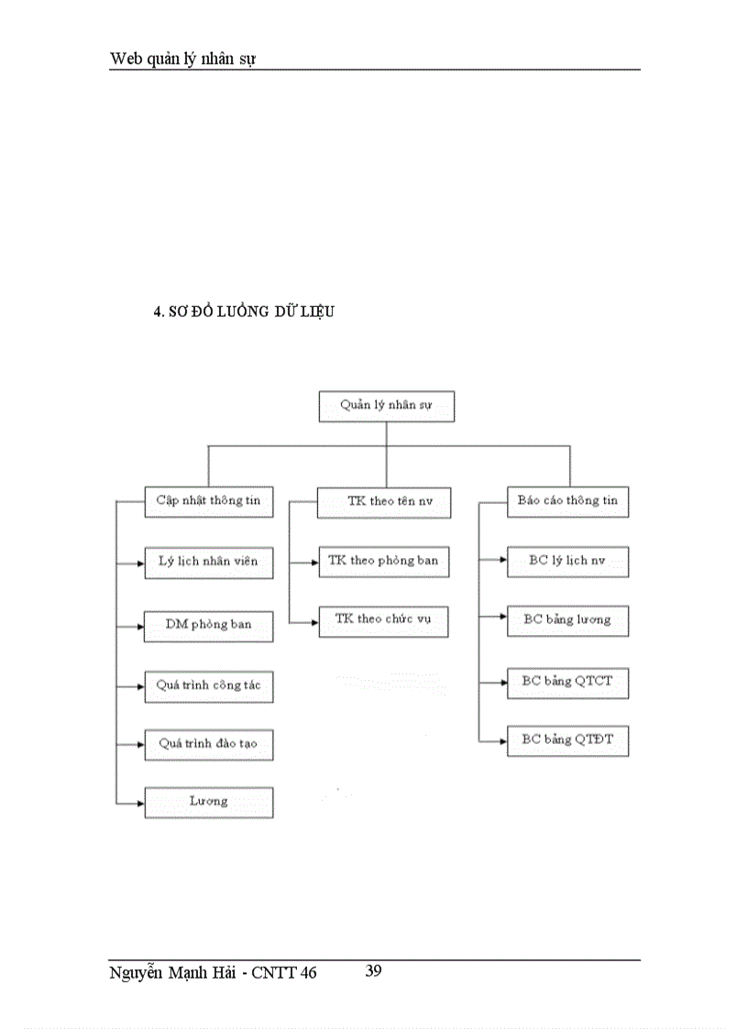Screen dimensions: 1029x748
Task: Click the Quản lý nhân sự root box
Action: (386, 406)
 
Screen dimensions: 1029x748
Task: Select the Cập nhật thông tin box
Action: (209, 501)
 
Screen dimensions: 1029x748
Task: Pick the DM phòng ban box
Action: (209, 625)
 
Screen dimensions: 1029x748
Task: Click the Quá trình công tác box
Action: (209, 685)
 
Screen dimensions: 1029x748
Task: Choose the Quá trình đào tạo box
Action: (209, 743)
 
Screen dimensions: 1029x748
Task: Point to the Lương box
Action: (209, 802)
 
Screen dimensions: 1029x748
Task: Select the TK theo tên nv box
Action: (383, 501)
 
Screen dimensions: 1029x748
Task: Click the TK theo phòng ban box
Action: (383, 561)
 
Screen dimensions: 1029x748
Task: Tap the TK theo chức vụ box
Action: (383, 620)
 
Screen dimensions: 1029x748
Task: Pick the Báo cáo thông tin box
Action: (567, 501)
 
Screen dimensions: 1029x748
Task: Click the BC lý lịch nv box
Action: (567, 561)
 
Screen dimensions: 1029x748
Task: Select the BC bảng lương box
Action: (567, 620)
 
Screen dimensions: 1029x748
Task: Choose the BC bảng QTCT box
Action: (567, 682)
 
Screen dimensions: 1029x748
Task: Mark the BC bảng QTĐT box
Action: (567, 740)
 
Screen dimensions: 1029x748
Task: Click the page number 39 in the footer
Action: (373, 971)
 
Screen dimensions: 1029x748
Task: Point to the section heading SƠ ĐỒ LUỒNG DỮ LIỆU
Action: (244, 312)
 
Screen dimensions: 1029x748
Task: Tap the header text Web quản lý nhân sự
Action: (182, 59)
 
